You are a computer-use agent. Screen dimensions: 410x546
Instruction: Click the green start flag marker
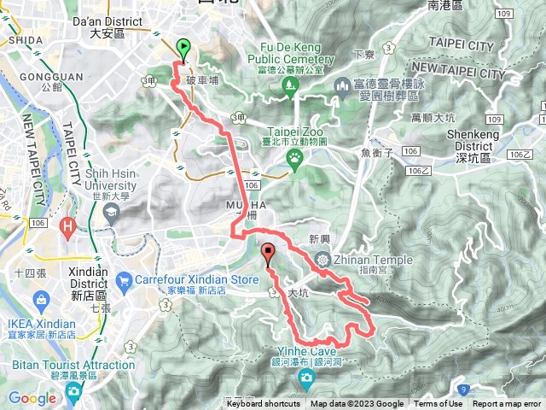(x=183, y=50)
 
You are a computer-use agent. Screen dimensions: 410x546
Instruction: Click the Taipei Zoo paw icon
(x=294, y=156)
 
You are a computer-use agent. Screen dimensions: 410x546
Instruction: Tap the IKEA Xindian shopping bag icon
(x=40, y=299)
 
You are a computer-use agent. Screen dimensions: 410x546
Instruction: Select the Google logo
(x=32, y=398)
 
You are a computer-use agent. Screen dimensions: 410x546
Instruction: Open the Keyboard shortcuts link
(x=263, y=404)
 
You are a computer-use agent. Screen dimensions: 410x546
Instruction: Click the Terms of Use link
(x=439, y=404)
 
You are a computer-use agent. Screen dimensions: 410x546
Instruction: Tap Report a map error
(x=507, y=404)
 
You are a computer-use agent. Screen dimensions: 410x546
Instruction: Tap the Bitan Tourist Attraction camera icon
(x=73, y=391)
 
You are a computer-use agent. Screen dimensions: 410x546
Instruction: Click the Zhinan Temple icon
(x=322, y=260)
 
